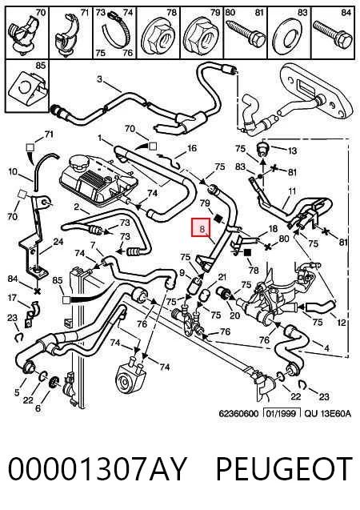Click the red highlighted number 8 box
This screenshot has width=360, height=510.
pyautogui.click(x=202, y=227)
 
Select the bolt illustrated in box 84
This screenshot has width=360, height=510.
pyautogui.click(x=332, y=34)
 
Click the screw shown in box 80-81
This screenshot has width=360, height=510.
pyautogui.click(x=245, y=34)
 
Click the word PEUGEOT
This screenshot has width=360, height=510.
pyautogui.click(x=284, y=468)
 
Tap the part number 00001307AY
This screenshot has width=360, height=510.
pyautogui.click(x=97, y=468)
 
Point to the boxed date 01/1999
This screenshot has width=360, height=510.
pyautogui.click(x=282, y=413)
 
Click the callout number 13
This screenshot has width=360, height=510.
pyautogui.click(x=292, y=151)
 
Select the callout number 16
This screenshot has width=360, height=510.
pyautogui.click(x=192, y=148)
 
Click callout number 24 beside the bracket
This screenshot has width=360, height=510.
pyautogui.click(x=58, y=242)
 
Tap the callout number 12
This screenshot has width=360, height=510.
pyautogui.click(x=342, y=323)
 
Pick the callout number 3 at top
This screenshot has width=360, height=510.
pyautogui.click(x=100, y=79)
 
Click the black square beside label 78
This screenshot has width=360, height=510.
pyautogui.click(x=247, y=252)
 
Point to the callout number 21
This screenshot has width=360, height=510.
pyautogui.click(x=222, y=277)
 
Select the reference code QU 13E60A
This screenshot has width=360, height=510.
pyautogui.click(x=328, y=413)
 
